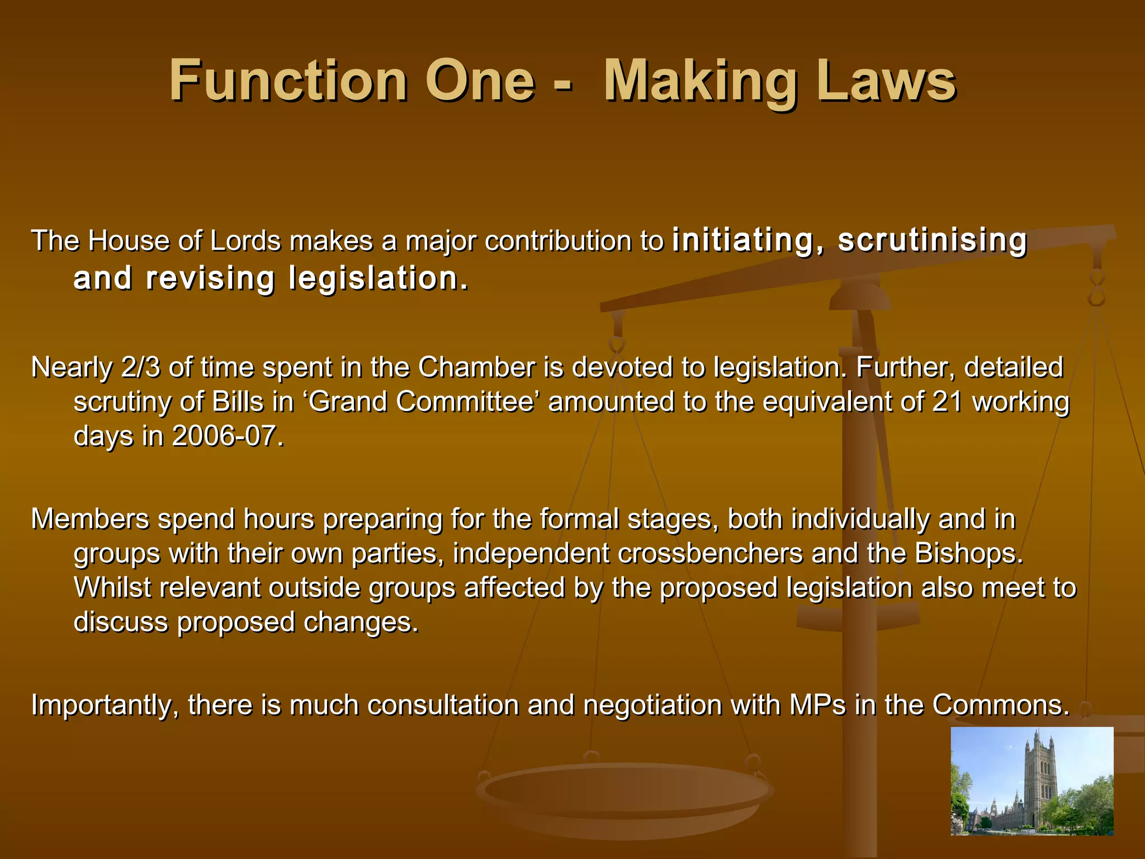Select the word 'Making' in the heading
click(701, 82)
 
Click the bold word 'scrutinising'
click(932, 240)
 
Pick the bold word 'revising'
click(210, 279)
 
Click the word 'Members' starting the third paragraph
click(90, 519)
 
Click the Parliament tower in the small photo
click(1039, 772)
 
